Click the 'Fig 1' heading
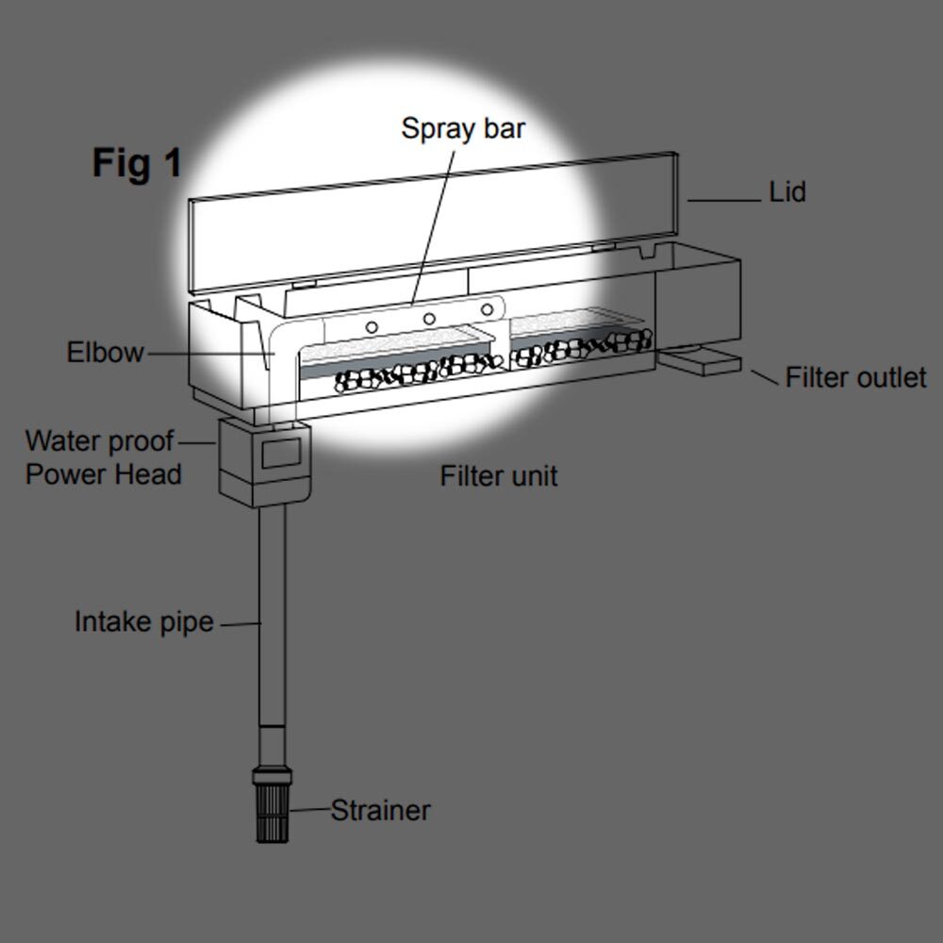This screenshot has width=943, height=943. coord(137,163)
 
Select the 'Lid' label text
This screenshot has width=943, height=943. coord(787,192)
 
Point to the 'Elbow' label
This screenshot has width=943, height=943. coord(105,353)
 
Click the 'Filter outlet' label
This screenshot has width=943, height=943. coord(855,377)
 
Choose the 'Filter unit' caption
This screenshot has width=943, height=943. coord(499,475)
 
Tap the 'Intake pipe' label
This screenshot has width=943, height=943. coord(144,622)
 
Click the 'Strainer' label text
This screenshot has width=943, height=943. coord(380,810)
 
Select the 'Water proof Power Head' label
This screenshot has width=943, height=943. coord(102,457)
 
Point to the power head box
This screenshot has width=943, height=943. coord(265,460)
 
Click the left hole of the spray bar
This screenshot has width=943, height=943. coord(372,326)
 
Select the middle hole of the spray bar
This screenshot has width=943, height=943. coord(429,318)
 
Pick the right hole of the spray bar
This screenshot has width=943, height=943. coord(488,308)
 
